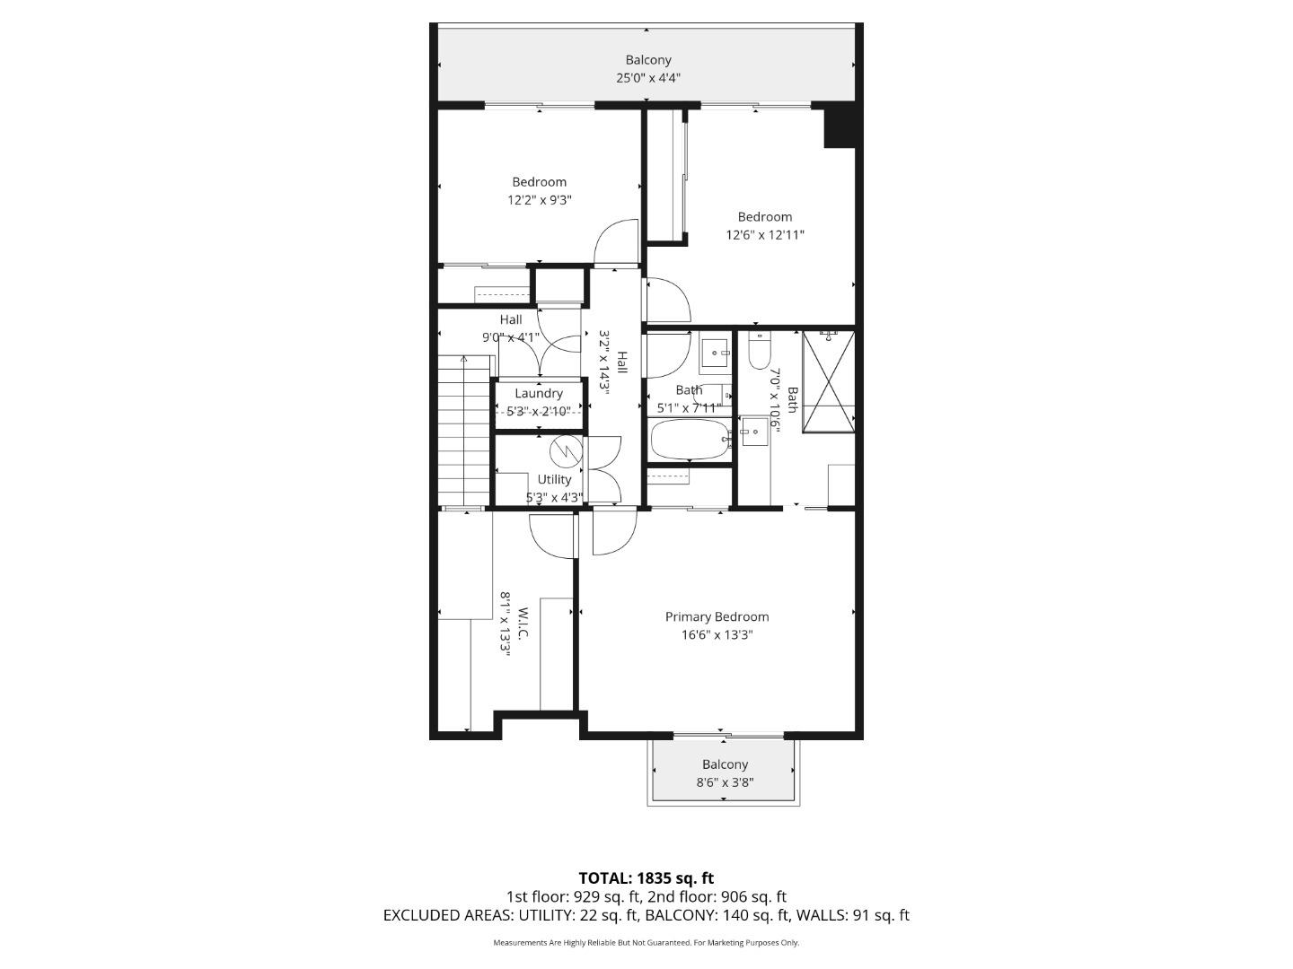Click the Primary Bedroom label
[717, 617]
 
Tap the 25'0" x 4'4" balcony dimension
[647, 78]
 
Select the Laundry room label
[539, 393]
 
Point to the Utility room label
[554, 479]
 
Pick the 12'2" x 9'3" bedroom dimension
[540, 200]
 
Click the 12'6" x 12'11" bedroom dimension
[765, 235]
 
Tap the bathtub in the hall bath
[688, 440]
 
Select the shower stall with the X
[828, 381]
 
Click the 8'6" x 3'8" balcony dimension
[725, 782]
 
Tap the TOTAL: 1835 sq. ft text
[646, 878]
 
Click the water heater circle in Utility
[567, 448]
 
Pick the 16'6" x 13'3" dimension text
[717, 635]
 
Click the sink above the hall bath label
[716, 354]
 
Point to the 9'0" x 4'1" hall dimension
[510, 337]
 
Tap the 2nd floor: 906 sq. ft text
[717, 896]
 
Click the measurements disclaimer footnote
[646, 943]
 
